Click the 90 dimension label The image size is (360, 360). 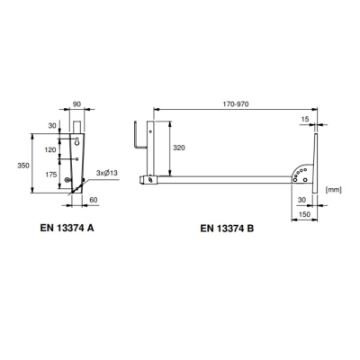[77, 104]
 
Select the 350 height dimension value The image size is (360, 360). [23, 166]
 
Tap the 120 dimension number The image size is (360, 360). [50, 149]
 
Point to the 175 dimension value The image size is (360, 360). [51, 175]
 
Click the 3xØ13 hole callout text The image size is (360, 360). [107, 173]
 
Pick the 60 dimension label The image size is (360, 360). [94, 200]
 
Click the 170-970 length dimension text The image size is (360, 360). [236, 104]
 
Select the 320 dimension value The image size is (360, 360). [179, 148]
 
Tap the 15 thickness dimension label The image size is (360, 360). [304, 119]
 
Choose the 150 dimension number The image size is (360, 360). [304, 214]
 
